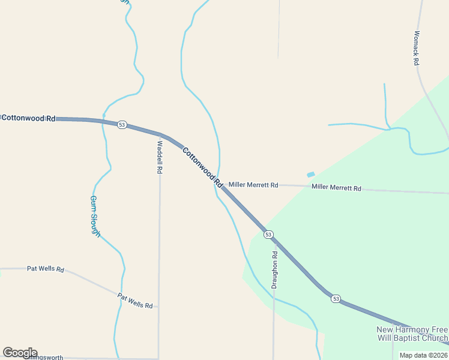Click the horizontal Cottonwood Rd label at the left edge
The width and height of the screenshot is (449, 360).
(28, 118)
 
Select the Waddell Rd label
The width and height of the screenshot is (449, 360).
(160, 157)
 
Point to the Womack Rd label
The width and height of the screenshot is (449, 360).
(416, 48)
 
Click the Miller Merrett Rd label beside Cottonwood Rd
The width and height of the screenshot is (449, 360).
(253, 185)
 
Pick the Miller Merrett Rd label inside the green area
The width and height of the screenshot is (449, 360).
(336, 188)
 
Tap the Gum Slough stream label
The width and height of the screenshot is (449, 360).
(95, 216)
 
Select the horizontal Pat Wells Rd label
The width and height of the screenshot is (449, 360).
(46, 269)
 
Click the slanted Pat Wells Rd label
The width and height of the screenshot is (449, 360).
(135, 301)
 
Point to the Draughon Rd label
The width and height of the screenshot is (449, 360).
(274, 270)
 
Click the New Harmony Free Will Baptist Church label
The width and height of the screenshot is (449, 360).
(411, 334)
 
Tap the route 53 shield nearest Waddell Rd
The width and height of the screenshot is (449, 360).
(122, 125)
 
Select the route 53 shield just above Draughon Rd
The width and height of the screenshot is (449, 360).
(268, 234)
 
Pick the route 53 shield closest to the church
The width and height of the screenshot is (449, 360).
(335, 298)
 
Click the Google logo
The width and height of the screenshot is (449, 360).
(20, 353)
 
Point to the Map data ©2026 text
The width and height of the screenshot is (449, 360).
(423, 355)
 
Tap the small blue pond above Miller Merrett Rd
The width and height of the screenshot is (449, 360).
(310, 175)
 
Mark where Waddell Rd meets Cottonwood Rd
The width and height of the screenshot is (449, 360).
(160, 134)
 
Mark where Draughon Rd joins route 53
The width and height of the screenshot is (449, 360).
(275, 243)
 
